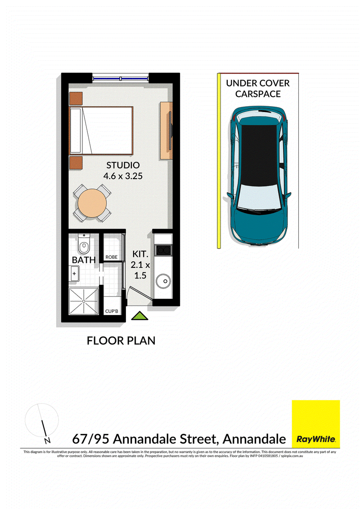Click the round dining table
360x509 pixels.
coord(92,203)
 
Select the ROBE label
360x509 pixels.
coord(111,257)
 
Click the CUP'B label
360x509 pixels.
coord(111,311)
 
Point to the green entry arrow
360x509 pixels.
coord(139,316)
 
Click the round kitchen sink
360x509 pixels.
coord(163,281)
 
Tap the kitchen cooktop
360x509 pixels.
coord(163,250)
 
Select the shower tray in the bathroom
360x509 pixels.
coord(84,301)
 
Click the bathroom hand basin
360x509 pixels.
coord(74,273)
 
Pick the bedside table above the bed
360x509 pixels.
coord(76,99)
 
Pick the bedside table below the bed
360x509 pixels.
coord(76,162)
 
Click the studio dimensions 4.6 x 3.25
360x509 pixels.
coord(123,176)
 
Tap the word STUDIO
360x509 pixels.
coord(123,165)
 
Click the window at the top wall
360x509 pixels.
coord(121,78)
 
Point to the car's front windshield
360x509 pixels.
coord(259,197)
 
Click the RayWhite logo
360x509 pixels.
coord(316,423)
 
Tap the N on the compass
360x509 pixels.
coord(47,441)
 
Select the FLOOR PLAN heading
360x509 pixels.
coord(121,341)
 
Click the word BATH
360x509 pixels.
coord(84,260)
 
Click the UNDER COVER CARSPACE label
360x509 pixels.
coord(258,88)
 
